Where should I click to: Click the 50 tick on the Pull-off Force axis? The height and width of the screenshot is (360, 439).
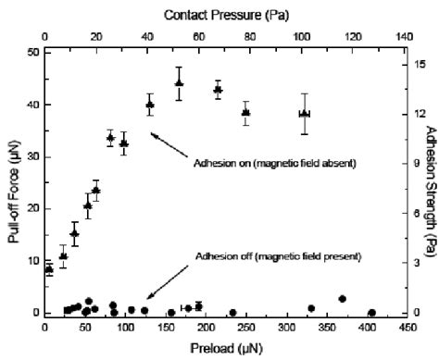pyautogui.click(x=32, y=52)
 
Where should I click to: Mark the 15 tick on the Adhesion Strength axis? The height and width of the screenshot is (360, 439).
pyautogui.click(x=418, y=64)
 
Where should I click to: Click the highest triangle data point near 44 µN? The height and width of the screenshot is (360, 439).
pyautogui.click(x=180, y=83)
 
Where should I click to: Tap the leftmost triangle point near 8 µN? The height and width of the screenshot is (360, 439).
pyautogui.click(x=50, y=269)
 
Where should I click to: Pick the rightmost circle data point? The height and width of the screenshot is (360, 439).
pyautogui.click(x=372, y=313)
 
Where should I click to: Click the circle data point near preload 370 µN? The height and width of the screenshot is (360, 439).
pyautogui.click(x=342, y=299)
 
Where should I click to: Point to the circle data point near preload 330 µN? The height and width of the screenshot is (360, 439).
pyautogui.click(x=311, y=308)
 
